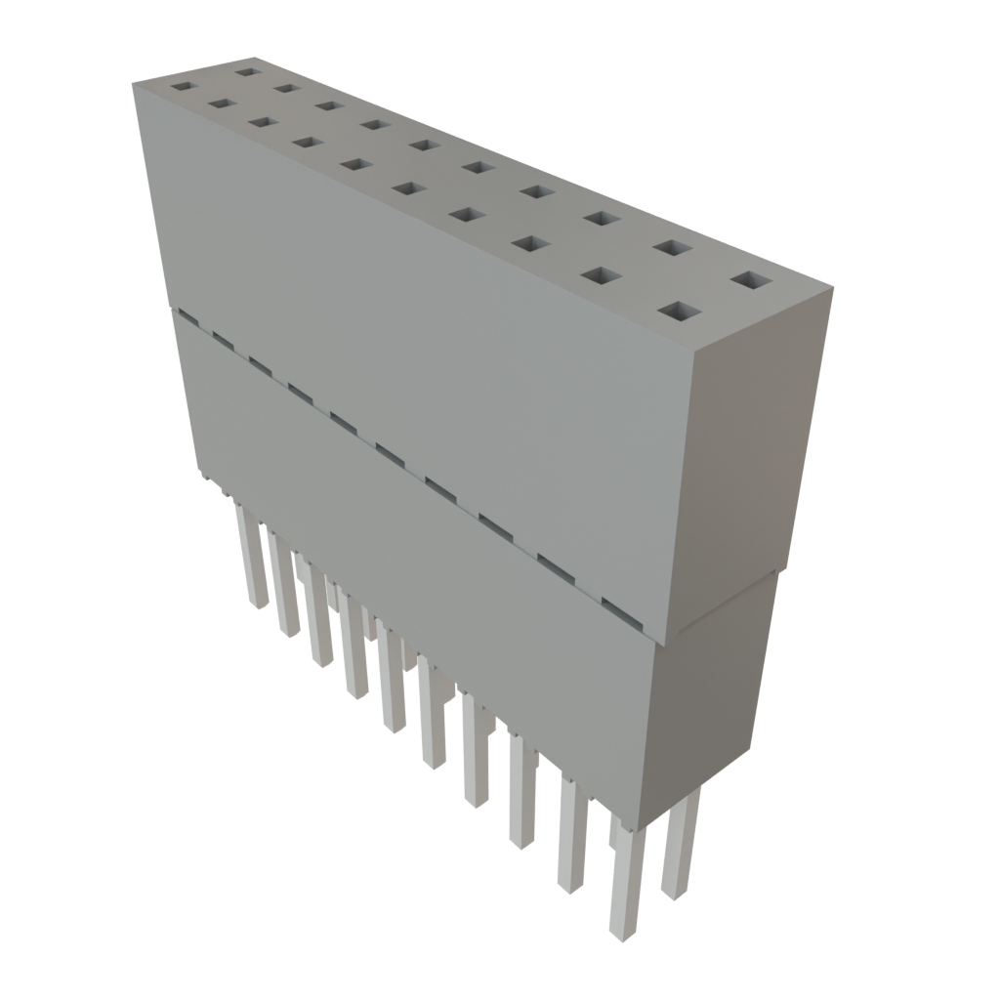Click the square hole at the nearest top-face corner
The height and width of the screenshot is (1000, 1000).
point(681,312)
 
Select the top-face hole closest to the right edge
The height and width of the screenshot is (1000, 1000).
point(750,281)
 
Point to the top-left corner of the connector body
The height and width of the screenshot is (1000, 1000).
point(133,85)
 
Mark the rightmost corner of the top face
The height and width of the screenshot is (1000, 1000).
point(834,287)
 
